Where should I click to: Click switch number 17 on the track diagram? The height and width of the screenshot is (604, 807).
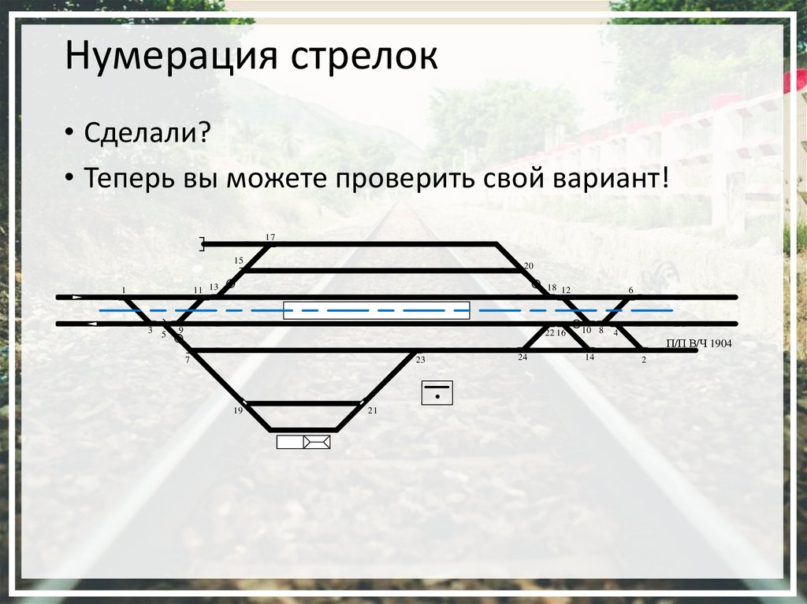[x=270, y=238]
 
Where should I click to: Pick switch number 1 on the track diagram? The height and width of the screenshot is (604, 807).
[x=124, y=291]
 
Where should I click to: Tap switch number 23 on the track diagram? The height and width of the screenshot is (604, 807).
[x=420, y=360]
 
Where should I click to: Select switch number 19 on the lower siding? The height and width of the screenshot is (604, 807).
[x=238, y=411]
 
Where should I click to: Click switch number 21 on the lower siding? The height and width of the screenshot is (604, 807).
[x=373, y=411]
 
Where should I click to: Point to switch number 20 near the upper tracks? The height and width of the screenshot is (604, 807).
[x=529, y=266]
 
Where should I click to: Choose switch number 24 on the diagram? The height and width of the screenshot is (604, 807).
[x=523, y=358]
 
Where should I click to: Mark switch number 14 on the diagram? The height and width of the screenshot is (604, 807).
[x=589, y=358]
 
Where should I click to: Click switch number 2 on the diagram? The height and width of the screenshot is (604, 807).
[x=644, y=360]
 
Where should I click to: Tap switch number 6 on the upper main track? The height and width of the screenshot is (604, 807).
[x=630, y=291]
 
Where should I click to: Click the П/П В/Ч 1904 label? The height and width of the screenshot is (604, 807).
[x=699, y=343]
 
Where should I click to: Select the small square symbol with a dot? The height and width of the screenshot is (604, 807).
[x=437, y=391]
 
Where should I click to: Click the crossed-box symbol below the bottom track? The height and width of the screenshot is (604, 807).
[x=317, y=442]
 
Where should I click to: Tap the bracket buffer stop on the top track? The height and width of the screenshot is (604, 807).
[x=203, y=245]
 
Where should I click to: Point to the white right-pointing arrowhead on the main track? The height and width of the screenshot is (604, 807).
[x=76, y=297]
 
